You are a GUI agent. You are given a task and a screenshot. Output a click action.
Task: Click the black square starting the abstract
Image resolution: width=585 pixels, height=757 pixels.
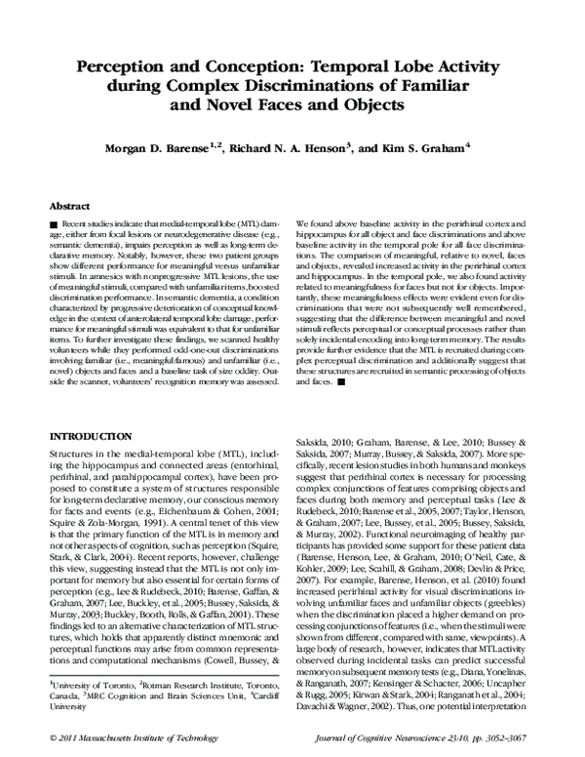tap(53, 226)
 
